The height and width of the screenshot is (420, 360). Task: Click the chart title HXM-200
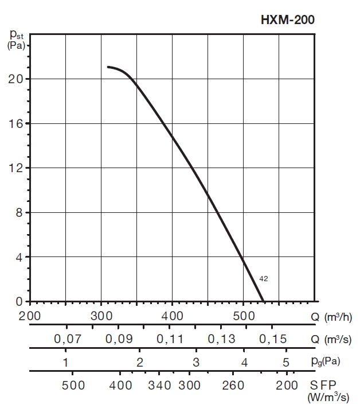288,20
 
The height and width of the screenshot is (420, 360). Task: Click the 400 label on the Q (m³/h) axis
172,316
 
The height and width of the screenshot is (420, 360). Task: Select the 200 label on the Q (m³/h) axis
30,316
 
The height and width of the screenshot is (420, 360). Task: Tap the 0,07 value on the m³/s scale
68,339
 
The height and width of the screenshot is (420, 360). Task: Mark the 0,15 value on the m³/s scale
272,339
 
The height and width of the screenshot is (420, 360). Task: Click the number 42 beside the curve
264,279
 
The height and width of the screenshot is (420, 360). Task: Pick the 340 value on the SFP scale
159,385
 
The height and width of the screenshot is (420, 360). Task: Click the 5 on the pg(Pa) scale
285,362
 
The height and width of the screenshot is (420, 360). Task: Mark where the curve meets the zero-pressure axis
263,301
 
